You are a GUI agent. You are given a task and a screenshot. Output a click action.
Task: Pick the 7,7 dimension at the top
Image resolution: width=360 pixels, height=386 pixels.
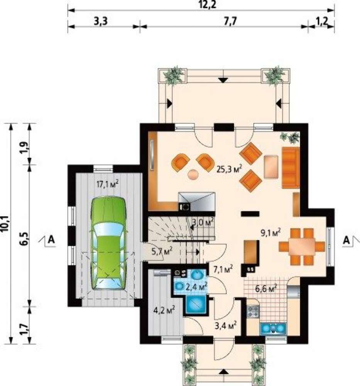(230, 21)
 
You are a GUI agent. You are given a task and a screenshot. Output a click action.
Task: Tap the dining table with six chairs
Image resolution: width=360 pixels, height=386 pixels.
(302, 247)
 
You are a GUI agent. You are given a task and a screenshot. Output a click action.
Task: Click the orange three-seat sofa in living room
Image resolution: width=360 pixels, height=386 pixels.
(291, 168)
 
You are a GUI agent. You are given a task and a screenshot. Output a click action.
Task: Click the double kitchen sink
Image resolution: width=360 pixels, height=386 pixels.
(273, 328)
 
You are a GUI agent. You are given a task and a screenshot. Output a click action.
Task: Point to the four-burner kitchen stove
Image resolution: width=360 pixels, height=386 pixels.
(253, 311)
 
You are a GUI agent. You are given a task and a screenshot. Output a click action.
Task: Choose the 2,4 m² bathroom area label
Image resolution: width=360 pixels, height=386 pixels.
(196, 286)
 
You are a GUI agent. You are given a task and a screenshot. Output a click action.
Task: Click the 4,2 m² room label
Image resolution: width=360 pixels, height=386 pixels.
(164, 310)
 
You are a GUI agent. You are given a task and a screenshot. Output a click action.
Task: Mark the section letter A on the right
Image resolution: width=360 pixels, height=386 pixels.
(346, 240)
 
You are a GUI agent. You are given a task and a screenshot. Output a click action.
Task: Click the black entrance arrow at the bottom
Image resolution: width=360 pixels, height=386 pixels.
(224, 372)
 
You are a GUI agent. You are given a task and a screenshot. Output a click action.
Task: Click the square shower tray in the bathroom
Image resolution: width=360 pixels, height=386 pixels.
(196, 304)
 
